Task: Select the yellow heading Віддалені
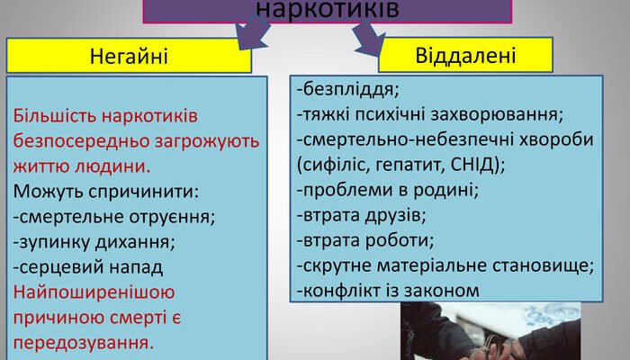click(465, 55)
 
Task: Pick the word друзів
click(391, 215)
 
